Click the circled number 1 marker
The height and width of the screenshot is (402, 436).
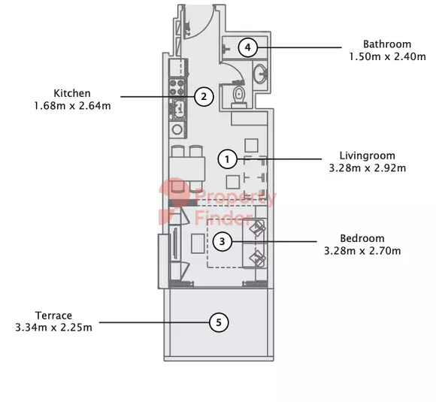[x=228, y=159]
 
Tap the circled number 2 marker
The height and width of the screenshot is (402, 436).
[x=204, y=97]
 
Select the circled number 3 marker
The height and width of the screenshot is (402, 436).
[x=223, y=241]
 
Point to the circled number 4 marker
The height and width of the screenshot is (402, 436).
[x=248, y=47]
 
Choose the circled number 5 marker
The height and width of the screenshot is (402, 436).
[x=219, y=322]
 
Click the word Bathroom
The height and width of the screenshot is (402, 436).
[x=387, y=44]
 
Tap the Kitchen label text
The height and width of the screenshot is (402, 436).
[x=72, y=93]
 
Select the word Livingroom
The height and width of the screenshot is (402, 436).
[x=368, y=156]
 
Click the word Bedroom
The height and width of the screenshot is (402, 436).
[x=362, y=238]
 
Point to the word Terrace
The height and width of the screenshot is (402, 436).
[x=53, y=316]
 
